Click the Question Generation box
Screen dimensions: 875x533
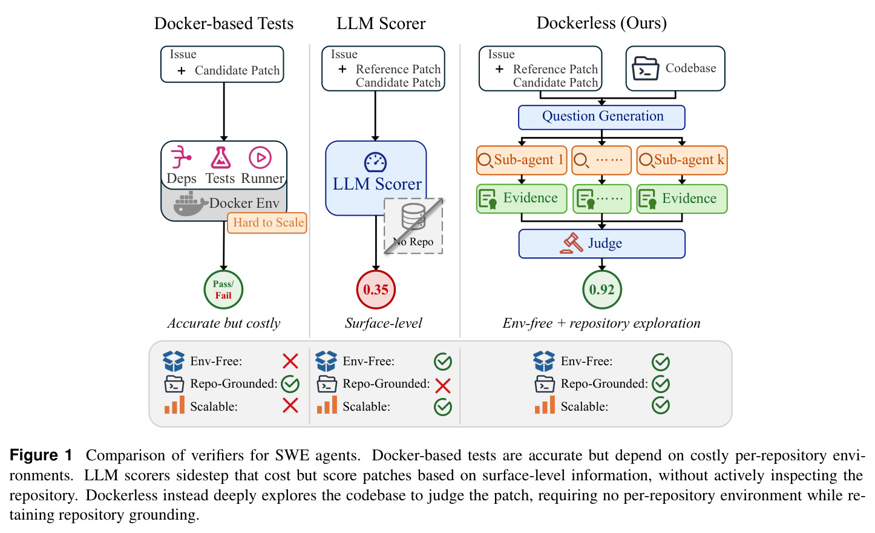(x=601, y=117)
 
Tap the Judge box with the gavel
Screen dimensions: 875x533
(x=601, y=243)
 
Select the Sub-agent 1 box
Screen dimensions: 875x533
(x=522, y=160)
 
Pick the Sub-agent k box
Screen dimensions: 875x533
(x=682, y=160)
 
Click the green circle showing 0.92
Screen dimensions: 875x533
(x=602, y=290)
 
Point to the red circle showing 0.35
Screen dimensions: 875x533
(x=376, y=290)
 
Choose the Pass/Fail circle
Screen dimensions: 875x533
(x=223, y=290)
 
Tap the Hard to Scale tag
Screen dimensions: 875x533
(x=267, y=222)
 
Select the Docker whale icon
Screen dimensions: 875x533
(x=190, y=204)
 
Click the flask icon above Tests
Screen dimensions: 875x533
(x=221, y=157)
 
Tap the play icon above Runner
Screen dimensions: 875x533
(x=260, y=157)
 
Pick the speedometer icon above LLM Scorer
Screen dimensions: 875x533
(x=375, y=162)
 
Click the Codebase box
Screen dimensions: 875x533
(x=675, y=68)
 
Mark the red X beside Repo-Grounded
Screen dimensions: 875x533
(x=442, y=386)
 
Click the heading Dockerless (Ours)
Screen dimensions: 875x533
(x=601, y=22)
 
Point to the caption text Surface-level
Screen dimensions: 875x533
(x=383, y=323)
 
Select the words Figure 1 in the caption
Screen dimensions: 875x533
(x=41, y=455)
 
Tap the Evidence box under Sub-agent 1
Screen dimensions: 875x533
(x=522, y=199)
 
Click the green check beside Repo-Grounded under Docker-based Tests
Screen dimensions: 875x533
(x=290, y=384)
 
